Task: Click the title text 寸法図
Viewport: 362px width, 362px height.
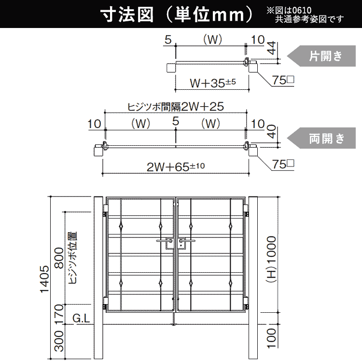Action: [127, 15]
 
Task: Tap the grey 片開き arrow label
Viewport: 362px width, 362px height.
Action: [321, 56]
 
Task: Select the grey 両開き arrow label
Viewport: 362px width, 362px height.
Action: [321, 139]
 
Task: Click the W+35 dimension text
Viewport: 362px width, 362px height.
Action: [213, 83]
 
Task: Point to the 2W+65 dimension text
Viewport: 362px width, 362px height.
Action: [176, 167]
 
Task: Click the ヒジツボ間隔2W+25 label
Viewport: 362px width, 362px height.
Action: [176, 107]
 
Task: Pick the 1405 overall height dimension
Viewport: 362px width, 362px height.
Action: [45, 279]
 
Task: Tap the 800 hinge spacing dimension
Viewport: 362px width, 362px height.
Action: [59, 258]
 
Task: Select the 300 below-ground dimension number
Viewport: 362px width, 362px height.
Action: [59, 341]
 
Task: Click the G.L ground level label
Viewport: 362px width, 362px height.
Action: [81, 319]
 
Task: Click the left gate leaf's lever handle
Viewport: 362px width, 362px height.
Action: [164, 241]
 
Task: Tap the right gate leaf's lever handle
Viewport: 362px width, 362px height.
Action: [187, 241]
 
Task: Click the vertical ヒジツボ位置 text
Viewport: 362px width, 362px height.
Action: [73, 258]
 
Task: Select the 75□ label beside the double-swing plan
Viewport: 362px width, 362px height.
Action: [283, 164]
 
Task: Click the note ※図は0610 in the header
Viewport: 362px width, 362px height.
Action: [289, 11]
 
